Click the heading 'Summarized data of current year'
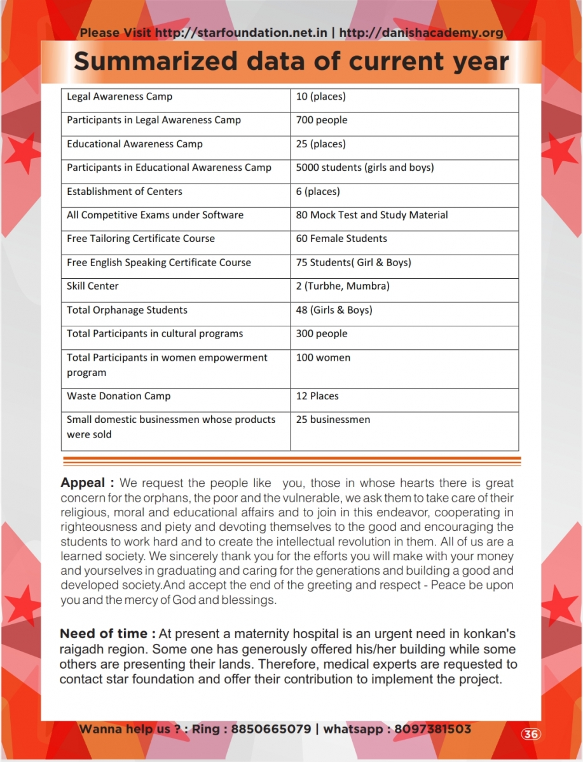coord(291,62)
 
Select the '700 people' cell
coord(322,120)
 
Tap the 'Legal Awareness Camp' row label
coord(120,97)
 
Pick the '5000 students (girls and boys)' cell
coord(365,168)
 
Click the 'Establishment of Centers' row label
coord(125,191)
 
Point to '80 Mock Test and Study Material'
coord(372,215)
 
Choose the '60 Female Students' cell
coord(341,239)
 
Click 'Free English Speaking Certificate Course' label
coord(159,262)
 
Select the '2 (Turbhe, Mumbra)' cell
coord(343,286)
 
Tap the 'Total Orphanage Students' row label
coord(127,310)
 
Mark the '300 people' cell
coord(322,334)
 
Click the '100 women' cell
coord(323,358)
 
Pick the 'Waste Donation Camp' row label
coord(119,396)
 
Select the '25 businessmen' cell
coord(333,420)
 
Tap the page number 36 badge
coord(531,734)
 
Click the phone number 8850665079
coord(271,729)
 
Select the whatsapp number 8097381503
coord(433,729)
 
